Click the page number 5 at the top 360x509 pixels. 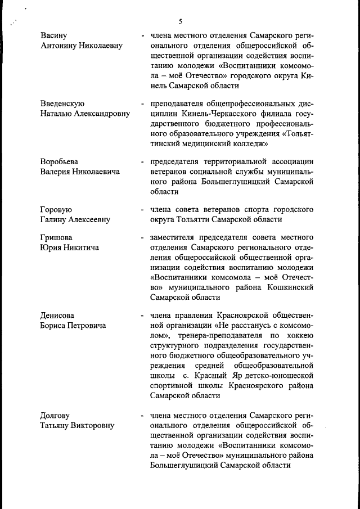coord(181,22)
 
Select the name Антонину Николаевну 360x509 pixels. coord(81,46)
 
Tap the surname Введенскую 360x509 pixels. coord(62,103)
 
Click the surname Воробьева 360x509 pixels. coord(59,161)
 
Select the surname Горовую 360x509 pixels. coord(56,210)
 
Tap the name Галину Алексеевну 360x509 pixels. coord(75,219)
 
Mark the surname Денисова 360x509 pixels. coord(57,316)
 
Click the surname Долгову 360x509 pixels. coord(55,416)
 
